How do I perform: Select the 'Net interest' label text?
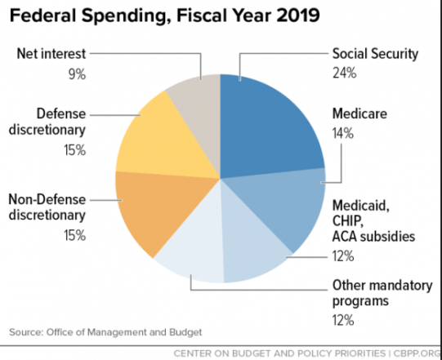pyautogui.click(x=51, y=54)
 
